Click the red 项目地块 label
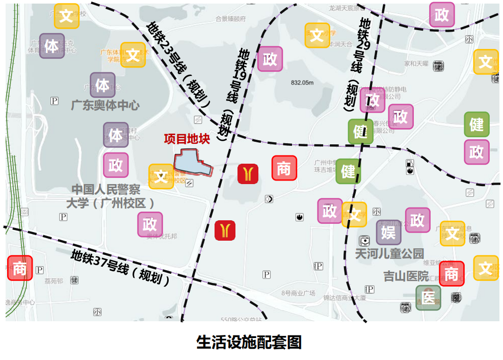pos(187,139)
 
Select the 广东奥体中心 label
pos(104,106)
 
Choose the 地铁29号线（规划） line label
pos(357,63)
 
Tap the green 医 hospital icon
pos(428,298)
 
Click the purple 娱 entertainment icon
pos(389,233)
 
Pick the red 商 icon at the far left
pos(20,268)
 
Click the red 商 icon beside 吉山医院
pos(452,274)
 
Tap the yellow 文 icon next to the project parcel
pos(161,176)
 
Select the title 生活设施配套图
pos(249,342)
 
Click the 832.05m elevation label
pos(302,83)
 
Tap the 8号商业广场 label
pos(299,293)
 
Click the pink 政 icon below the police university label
pos(150,224)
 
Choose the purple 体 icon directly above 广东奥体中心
pos(103,85)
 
